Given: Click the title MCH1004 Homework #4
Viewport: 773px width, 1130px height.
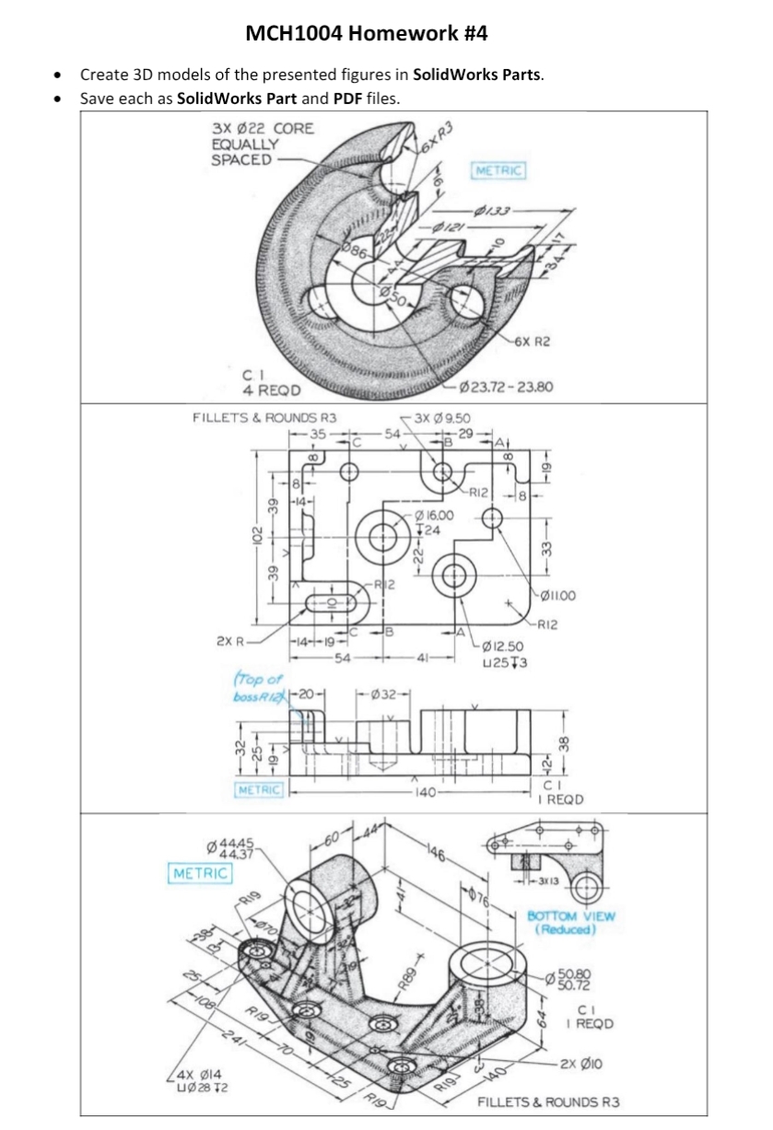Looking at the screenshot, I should tap(367, 34).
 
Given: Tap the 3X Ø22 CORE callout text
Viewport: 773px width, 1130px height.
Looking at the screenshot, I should tap(262, 129).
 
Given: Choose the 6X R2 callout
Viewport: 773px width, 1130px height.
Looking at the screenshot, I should tap(533, 342).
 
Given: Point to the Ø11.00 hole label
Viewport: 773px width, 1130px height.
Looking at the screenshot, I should tap(556, 596).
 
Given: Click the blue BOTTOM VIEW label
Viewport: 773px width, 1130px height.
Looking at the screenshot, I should tap(570, 922).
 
